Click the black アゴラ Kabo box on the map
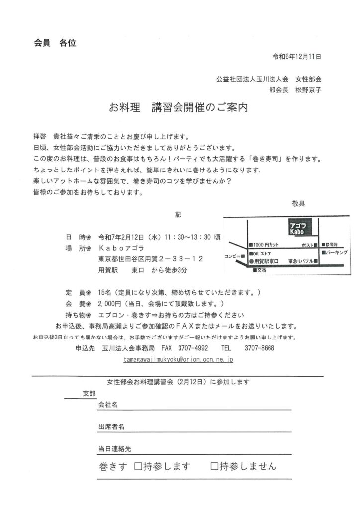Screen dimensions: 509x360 (298, 228)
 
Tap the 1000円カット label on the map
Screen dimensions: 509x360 (266, 245)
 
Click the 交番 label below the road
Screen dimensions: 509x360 (261, 270)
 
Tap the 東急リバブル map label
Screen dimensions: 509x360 (300, 261)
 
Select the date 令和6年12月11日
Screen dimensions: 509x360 (297, 56)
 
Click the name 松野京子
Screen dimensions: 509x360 (309, 90)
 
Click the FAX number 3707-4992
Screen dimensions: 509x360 (195, 348)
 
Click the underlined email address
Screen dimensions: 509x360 (179, 358)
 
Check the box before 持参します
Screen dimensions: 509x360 (138, 466)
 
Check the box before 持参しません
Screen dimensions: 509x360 (214, 466)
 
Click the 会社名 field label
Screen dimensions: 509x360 (108, 405)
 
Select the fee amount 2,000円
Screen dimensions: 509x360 (110, 303)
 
